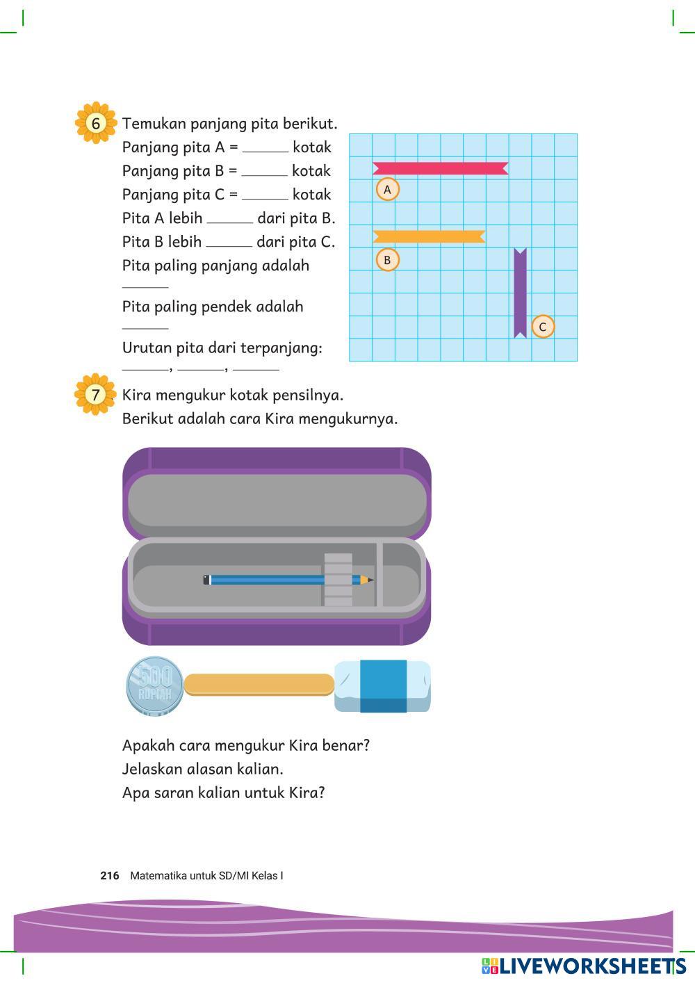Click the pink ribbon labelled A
(x=441, y=168)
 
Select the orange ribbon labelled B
(x=429, y=236)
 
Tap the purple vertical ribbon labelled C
(x=521, y=293)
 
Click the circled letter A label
(x=387, y=190)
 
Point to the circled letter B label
(x=387, y=260)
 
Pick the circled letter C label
(x=543, y=327)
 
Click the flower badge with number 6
(x=96, y=123)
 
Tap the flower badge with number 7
(x=95, y=394)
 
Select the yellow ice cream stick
(x=259, y=685)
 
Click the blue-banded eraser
(x=383, y=686)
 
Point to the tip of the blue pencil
(x=373, y=580)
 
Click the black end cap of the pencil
(x=206, y=580)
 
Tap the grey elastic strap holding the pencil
(x=338, y=580)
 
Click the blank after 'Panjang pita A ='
(x=265, y=151)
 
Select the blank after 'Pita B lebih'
(x=229, y=246)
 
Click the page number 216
(x=110, y=875)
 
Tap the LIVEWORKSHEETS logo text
(x=592, y=966)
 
